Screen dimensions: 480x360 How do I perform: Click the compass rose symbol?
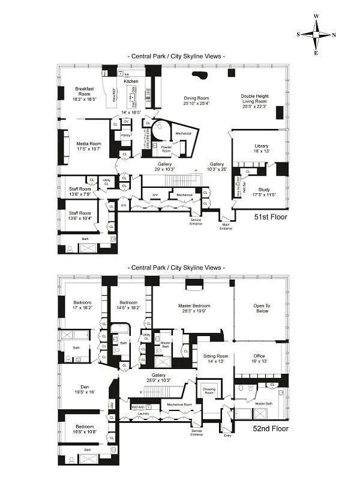tap(316, 35)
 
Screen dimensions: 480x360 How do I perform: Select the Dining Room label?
tap(196, 98)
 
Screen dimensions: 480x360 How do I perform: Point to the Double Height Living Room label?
tap(255, 99)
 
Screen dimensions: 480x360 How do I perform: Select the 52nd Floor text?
tap(271, 428)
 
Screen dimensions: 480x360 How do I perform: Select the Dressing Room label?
tap(210, 391)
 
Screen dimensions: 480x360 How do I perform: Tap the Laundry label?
tap(142, 413)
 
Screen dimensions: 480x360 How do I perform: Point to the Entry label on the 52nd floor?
tap(227, 436)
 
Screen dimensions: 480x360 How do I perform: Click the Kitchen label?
tap(131, 81)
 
